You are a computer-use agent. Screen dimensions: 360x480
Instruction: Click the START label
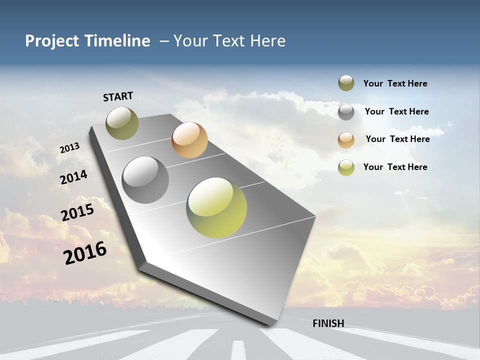point(118,96)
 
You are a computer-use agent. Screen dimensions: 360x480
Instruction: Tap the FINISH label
point(328,323)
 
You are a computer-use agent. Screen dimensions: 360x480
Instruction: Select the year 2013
point(69,148)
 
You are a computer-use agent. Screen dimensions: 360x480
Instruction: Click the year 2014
point(73,177)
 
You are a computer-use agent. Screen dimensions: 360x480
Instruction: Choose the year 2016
point(85,252)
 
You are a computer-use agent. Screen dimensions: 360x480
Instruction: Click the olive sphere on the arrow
point(122,123)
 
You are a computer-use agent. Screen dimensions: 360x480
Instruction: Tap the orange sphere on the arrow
point(189,140)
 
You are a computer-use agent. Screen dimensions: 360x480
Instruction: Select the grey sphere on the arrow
point(145,180)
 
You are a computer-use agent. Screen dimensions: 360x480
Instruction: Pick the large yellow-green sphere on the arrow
point(216,207)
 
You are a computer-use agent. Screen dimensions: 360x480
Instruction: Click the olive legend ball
point(346,83)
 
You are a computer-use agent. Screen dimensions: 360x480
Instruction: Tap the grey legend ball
point(346,112)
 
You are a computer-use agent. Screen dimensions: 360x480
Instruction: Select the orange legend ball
point(346,140)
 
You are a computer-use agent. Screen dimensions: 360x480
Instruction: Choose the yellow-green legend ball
point(346,167)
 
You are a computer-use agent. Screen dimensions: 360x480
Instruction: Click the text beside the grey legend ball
point(396,111)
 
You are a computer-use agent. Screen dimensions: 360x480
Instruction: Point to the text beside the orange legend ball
point(397,139)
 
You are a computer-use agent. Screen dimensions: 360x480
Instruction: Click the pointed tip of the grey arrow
point(270,324)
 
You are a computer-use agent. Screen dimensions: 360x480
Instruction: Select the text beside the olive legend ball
point(395,83)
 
